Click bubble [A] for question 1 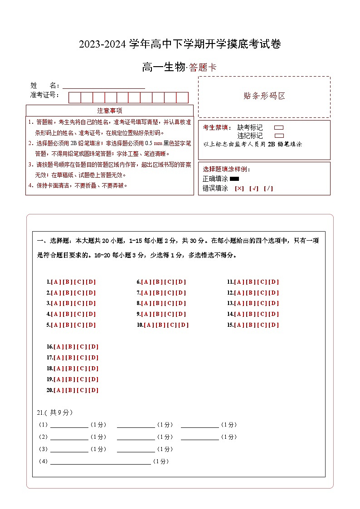pos(56,282)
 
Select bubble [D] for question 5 pos(91,325)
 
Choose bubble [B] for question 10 pos(161,325)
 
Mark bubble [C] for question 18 pos(82,368)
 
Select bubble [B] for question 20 pos(70,390)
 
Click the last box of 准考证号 pos(182,97)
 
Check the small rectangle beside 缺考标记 pos(279,128)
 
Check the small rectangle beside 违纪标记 pos(279,136)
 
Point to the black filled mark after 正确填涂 pos(234,179)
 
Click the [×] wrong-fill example pos(239,189)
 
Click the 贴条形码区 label pos(264,96)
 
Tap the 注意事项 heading pos(110,111)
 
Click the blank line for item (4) pos(100,462)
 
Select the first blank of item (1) pos(69,425)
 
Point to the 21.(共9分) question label pos(54,412)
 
